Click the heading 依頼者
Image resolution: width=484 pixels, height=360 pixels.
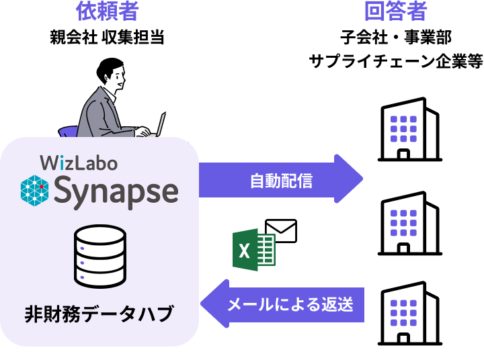pyautogui.click(x=107, y=12)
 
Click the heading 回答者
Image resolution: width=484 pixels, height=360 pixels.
pyautogui.click(x=395, y=12)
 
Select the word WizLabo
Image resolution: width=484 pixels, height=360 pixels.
pyautogui.click(x=79, y=163)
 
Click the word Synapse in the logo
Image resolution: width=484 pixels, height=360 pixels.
pyautogui.click(x=116, y=191)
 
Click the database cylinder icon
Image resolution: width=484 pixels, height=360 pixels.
pyautogui.click(x=99, y=255)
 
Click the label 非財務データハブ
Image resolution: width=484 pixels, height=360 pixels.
pyautogui.click(x=99, y=314)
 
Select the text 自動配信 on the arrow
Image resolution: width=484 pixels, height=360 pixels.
pyautogui.click(x=281, y=181)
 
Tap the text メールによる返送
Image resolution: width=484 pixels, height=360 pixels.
pyautogui.click(x=290, y=304)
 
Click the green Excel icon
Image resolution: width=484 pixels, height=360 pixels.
pyautogui.click(x=253, y=250)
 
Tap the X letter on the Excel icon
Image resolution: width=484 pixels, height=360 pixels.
pyautogui.click(x=245, y=251)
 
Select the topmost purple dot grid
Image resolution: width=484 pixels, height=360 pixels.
pyautogui.click(x=403, y=129)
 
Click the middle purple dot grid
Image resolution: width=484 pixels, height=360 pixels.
pyautogui.click(x=403, y=222)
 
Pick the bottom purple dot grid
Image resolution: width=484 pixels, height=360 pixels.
pyautogui.click(x=403, y=312)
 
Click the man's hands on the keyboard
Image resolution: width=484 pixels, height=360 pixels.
pyautogui.click(x=143, y=132)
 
